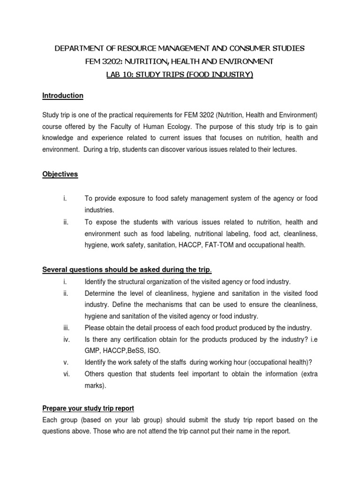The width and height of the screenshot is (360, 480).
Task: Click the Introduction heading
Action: coord(63,96)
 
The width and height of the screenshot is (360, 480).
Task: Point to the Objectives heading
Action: coord(60,174)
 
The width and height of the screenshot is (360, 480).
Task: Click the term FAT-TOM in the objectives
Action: coord(208,244)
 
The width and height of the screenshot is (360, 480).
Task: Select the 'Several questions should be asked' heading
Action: coord(127,269)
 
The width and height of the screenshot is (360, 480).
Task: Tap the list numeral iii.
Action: coord(66,328)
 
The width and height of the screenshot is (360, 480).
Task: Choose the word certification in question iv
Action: coord(131,339)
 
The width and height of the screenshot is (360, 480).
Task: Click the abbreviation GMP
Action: coord(92,351)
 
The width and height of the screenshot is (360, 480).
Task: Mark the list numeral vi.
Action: coord(66,374)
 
